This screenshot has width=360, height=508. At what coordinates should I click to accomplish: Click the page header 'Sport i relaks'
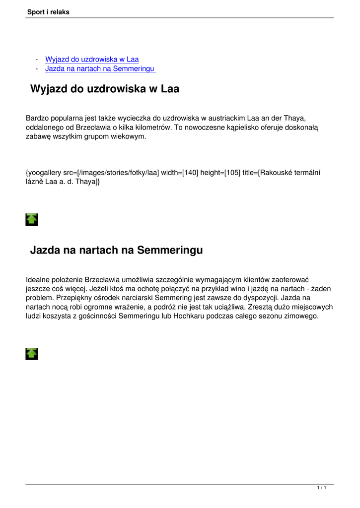coord(48,12)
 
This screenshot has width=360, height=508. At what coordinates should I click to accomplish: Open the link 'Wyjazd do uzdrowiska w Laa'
coord(92,60)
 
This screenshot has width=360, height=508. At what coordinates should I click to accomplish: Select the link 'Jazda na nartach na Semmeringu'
coord(100,68)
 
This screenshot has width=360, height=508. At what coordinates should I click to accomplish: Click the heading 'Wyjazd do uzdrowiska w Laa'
coord(104,89)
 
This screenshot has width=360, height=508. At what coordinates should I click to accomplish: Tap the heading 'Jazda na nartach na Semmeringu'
coord(116,250)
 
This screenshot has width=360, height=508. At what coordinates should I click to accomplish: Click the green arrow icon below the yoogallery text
coord(32,219)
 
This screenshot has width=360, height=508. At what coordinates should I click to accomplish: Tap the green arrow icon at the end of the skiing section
coord(32,353)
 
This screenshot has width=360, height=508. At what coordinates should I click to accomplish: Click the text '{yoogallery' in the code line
coord(43,173)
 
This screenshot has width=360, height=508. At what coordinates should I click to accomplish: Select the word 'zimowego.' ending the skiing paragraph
coord(301,316)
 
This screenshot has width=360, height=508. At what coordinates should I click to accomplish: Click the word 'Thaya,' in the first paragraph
coord(294,118)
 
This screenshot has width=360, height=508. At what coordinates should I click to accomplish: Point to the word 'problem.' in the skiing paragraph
coord(40,298)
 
